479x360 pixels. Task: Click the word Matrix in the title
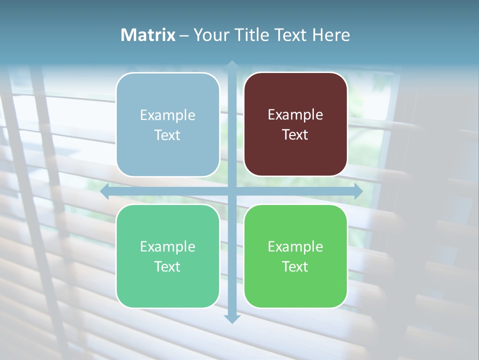click(x=148, y=35)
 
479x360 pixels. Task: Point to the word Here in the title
click(x=331, y=35)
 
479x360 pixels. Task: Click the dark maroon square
click(x=295, y=124)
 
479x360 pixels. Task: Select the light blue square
click(x=168, y=124)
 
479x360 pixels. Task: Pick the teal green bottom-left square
click(x=168, y=256)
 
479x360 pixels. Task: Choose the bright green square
click(x=295, y=256)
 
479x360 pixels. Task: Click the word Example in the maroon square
click(x=295, y=115)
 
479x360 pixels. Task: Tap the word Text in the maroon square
click(x=295, y=135)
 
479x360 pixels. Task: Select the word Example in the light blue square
click(x=168, y=115)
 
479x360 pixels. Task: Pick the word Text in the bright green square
click(x=295, y=266)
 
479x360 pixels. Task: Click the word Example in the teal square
click(x=168, y=246)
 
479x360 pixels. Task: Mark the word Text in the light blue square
click(x=168, y=135)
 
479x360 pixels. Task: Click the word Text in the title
click(x=290, y=35)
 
